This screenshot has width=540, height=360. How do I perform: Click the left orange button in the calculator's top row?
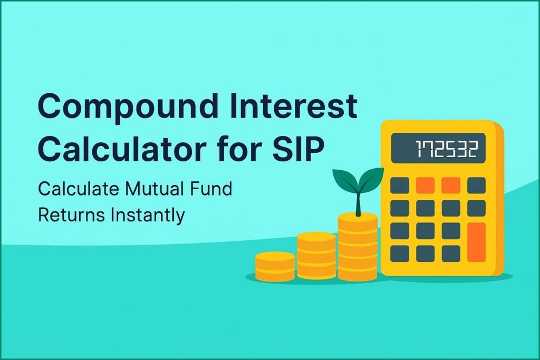click(425, 185)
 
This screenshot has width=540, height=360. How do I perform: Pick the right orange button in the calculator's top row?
click(450, 185)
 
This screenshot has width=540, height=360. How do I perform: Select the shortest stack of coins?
click(275, 267)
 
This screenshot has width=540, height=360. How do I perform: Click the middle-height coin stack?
click(316, 256)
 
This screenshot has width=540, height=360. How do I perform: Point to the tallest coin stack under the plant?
click(358, 247)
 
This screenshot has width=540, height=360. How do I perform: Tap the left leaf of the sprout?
click(344, 182)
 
